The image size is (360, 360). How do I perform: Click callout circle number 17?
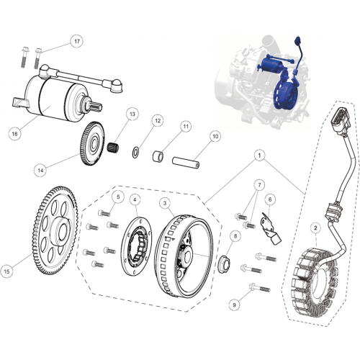coord(76,41)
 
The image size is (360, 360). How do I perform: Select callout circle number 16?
coord(14,133)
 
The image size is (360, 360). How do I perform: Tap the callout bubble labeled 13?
coord(132,114)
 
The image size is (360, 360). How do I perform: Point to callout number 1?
coord(259,156)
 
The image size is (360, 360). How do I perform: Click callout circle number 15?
coord(6,271)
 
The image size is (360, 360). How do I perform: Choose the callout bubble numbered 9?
coord(235,305)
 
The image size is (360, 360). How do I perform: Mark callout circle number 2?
coord(315,228)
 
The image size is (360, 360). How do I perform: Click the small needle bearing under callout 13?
coord(113,146)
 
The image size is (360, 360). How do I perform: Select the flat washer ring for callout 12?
coord(136,153)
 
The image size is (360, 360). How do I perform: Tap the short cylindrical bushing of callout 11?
coord(158,156)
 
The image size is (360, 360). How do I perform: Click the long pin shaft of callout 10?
coord(186,163)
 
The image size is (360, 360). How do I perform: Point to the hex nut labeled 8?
coord(224,264)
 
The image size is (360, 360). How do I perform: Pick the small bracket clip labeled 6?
coord(270,228)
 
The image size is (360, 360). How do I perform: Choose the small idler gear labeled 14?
coord(92,144)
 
